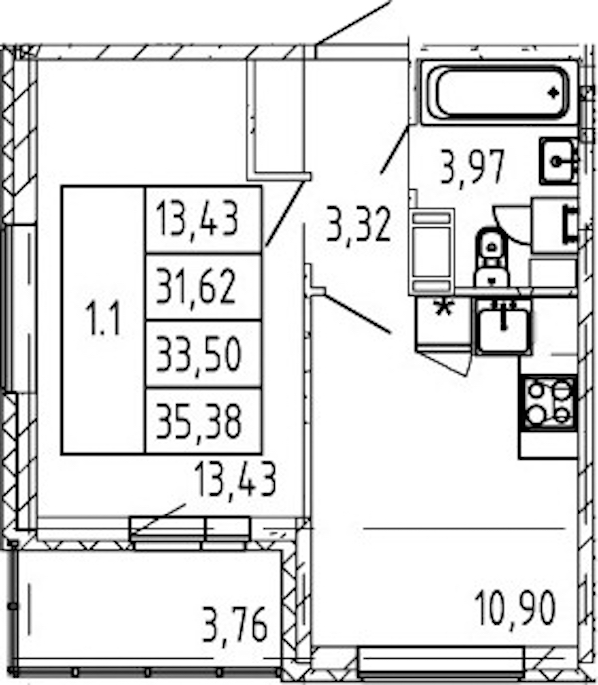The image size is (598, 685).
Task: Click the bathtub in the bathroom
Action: [499, 92]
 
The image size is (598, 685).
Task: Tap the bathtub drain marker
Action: [554, 92]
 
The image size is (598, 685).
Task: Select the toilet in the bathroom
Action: [492, 257]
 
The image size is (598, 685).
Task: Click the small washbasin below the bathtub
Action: [559, 161]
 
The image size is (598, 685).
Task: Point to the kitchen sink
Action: [503, 326]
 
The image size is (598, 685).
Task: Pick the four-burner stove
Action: [548, 403]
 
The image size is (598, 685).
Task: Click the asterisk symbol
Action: [445, 308]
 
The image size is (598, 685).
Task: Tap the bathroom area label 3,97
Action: [472, 168]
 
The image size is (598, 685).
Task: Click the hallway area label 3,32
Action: [358, 226]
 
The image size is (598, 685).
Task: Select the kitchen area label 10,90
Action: [515, 608]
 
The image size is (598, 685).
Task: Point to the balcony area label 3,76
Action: [235, 626]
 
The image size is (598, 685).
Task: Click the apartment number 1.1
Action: [103, 320]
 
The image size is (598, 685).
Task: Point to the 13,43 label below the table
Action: [235, 479]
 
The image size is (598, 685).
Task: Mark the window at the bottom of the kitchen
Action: [441, 661]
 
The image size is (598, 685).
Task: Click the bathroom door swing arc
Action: [510, 229]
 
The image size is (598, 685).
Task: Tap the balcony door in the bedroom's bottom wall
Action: [190, 533]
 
